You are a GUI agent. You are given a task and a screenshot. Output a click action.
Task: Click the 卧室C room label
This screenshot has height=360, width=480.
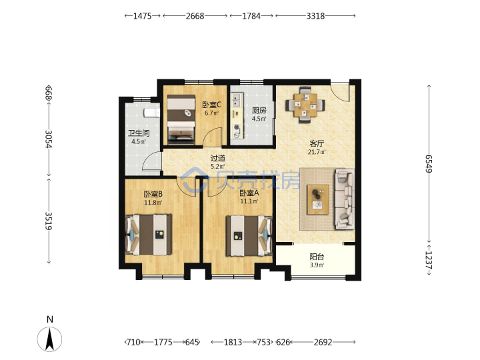click(211, 105)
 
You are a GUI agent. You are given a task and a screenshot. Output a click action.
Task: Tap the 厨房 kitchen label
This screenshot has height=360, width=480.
click(259, 110)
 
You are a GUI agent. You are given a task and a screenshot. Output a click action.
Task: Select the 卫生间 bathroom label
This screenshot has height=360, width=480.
click(139, 133)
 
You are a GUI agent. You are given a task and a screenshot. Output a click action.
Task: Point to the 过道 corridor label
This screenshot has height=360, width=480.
click(218, 158)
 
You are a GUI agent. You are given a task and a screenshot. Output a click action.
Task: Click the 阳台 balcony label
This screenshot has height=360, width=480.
click(317, 257)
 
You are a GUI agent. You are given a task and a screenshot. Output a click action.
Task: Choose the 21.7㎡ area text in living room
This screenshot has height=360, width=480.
click(317, 151)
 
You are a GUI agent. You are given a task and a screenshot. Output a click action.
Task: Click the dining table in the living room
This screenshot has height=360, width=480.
click(305, 105)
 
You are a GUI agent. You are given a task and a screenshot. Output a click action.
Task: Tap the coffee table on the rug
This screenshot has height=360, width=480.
click(318, 199)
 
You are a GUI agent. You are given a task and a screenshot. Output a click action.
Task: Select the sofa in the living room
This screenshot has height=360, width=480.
click(345, 199)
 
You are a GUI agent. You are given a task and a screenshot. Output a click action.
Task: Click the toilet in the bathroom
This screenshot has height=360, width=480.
click(152, 113)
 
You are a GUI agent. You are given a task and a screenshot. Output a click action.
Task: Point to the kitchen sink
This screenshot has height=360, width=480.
click(236, 99)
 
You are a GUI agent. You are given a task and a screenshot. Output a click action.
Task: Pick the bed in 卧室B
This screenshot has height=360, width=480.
click(149, 235)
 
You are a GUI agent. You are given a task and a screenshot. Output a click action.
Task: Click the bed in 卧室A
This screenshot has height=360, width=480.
click(249, 235)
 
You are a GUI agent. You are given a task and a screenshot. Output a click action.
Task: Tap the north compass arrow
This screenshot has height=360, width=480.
click(49, 339)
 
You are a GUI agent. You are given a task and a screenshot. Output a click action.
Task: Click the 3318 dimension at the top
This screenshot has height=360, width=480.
click(315, 16)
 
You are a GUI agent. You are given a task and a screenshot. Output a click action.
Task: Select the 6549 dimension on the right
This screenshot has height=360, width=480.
click(429, 163)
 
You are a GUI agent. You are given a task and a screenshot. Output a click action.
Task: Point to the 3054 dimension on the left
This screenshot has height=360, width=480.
click(49, 139)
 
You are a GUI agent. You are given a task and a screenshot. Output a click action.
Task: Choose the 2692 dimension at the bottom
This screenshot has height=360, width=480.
click(323, 342)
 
